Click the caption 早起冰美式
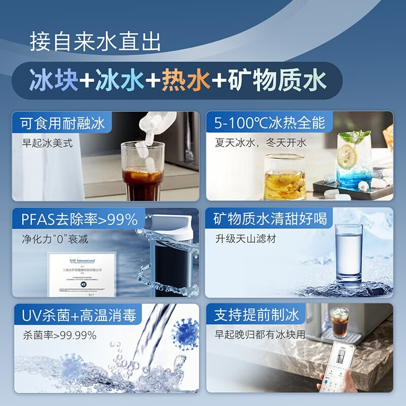(x=48, y=143)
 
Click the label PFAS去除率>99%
(x=80, y=219)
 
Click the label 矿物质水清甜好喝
(x=269, y=219)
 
